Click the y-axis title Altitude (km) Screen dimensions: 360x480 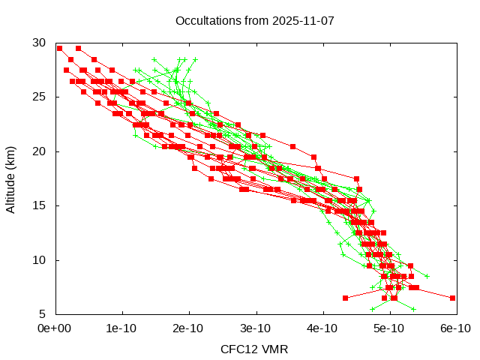[10, 178]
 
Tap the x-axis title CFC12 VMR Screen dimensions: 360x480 [254, 349]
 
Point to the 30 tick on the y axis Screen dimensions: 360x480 [40, 43]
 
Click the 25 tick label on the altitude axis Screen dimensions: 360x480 [40, 97]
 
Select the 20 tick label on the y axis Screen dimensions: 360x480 [40, 151]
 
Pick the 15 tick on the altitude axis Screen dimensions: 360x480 [40, 205]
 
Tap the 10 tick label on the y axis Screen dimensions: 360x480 [40, 259]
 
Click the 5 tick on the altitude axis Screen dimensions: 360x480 [43, 313]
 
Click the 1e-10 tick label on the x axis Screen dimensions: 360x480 [121, 328]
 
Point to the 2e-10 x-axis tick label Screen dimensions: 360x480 [188, 328]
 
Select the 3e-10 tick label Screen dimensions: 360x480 [256, 328]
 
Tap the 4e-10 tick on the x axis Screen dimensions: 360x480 [322, 328]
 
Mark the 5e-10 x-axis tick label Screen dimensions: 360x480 [389, 328]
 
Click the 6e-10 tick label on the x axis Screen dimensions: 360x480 [455, 328]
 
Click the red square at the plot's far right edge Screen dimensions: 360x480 [452, 298]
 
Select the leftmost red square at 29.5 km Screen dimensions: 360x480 [59, 48]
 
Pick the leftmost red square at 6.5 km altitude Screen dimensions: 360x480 [345, 298]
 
